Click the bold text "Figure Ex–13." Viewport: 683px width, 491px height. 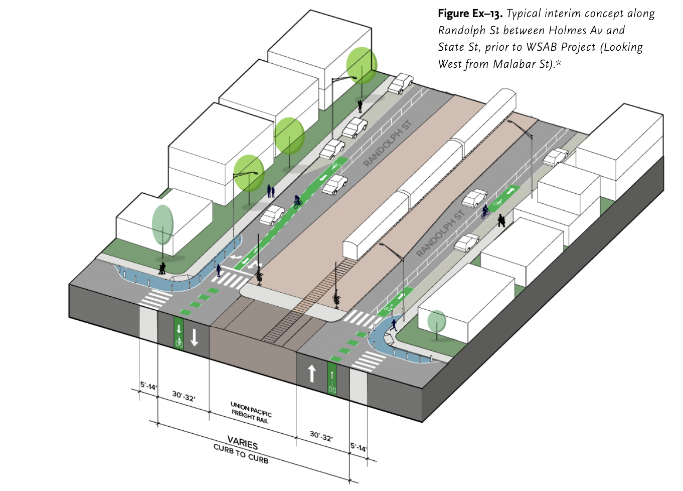pyautogui.click(x=470, y=14)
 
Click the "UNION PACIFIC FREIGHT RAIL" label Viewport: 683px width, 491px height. pyautogui.click(x=251, y=412)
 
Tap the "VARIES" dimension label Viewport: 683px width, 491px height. pyautogui.click(x=243, y=443)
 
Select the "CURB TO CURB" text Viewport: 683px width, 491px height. pyautogui.click(x=241, y=454)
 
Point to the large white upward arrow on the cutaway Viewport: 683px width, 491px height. pyautogui.click(x=312, y=374)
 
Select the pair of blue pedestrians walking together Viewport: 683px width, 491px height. pyautogui.click(x=271, y=191)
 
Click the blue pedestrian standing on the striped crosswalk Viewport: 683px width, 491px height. pyautogui.click(x=219, y=270)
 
